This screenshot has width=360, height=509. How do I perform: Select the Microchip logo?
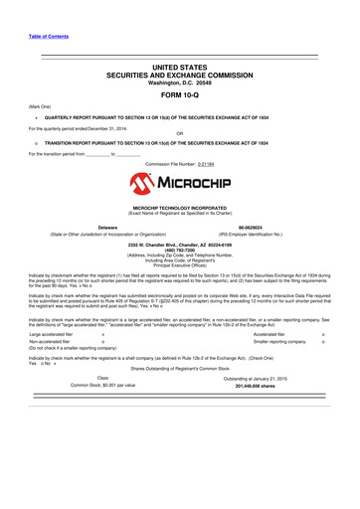click(179, 184)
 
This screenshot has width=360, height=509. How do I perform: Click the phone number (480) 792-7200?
click(180, 250)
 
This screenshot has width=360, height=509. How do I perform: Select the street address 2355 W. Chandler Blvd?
click(180, 244)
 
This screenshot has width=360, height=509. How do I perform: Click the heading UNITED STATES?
click(180, 66)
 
